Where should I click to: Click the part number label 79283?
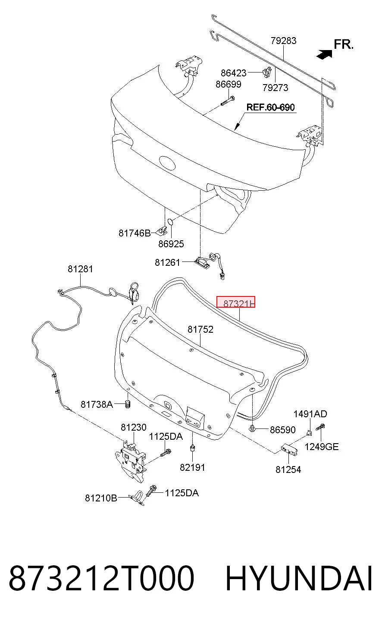pyautogui.click(x=283, y=41)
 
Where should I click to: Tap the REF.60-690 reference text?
pyautogui.click(x=270, y=107)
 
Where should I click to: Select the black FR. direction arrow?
pyautogui.click(x=324, y=54)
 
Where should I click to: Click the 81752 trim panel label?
pyautogui.click(x=200, y=329)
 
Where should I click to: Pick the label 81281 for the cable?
pyautogui.click(x=80, y=269)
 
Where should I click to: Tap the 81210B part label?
pyautogui.click(x=101, y=506)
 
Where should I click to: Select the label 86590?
pyautogui.click(x=282, y=430)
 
